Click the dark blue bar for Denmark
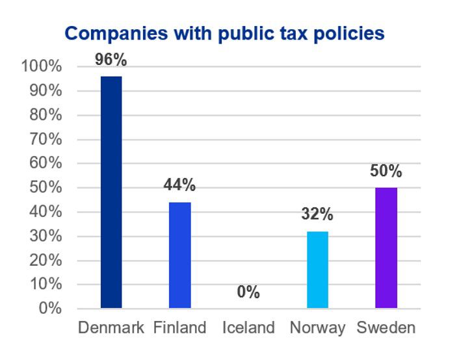click(x=111, y=192)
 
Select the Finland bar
click(x=180, y=255)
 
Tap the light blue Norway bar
click(x=317, y=269)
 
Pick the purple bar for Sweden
click(x=386, y=248)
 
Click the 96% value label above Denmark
click(x=111, y=60)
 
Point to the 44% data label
click(x=180, y=185)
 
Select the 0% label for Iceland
click(x=248, y=292)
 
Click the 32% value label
click(x=317, y=214)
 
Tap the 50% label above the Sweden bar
click(x=386, y=172)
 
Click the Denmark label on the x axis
click(x=111, y=328)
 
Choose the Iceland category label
click(x=248, y=328)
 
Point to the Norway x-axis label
click(x=317, y=328)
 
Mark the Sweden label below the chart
click(x=386, y=328)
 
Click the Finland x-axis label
click(x=180, y=328)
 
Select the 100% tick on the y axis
click(x=42, y=66)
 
